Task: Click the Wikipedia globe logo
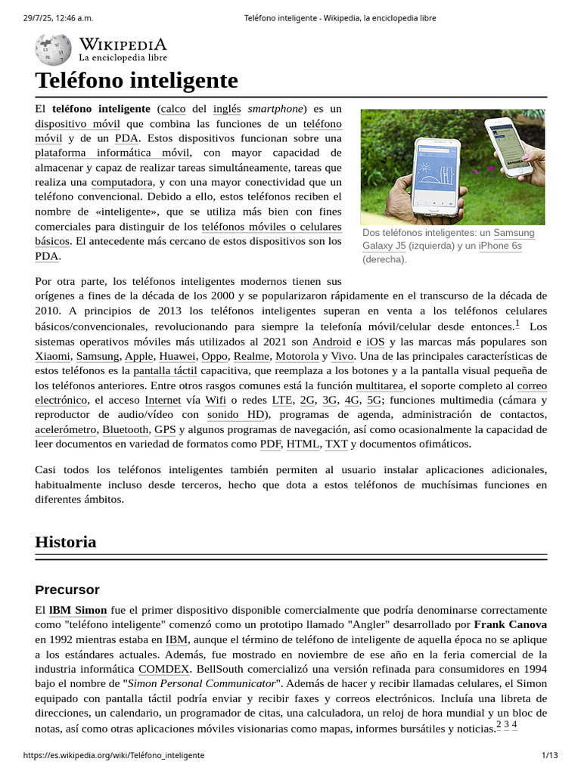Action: click(x=53, y=50)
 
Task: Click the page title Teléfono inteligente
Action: click(x=136, y=80)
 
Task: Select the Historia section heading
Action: click(x=66, y=542)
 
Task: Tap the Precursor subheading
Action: click(x=67, y=590)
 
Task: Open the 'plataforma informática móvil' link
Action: click(x=112, y=153)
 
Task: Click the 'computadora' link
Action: click(x=122, y=182)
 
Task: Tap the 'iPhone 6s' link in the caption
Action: click(x=500, y=246)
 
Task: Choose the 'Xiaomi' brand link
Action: click(x=53, y=356)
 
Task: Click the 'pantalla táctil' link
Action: click(x=166, y=371)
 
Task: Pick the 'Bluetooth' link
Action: click(x=126, y=429)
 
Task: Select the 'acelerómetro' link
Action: click(x=66, y=429)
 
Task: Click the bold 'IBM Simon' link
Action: click(x=78, y=610)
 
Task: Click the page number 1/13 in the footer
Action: click(x=549, y=756)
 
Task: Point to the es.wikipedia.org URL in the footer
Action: click(x=113, y=756)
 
